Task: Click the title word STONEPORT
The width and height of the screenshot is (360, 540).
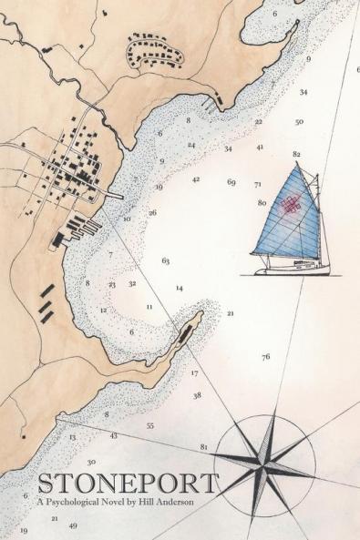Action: (128, 483)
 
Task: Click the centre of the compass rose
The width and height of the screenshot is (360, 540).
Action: (263, 455)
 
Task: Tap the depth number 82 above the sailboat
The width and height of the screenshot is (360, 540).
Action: (296, 155)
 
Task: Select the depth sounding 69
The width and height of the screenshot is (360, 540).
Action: (231, 182)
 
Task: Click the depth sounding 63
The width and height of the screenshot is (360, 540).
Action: (166, 261)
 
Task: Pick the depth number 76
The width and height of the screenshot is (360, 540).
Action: (265, 357)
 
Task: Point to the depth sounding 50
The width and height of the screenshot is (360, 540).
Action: (299, 122)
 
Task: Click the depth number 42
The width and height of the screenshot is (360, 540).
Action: (196, 179)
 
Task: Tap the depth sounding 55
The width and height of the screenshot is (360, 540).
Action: (149, 425)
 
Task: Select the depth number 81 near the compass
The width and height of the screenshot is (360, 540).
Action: (203, 447)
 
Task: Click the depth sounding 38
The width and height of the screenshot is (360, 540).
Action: (197, 395)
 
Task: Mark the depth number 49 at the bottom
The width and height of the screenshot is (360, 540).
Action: (73, 525)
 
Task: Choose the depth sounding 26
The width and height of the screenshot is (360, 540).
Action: (152, 213)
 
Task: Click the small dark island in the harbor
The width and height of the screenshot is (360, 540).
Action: (190, 329)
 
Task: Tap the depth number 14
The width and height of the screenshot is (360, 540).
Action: (180, 289)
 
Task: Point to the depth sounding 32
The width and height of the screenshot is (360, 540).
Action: (132, 283)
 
